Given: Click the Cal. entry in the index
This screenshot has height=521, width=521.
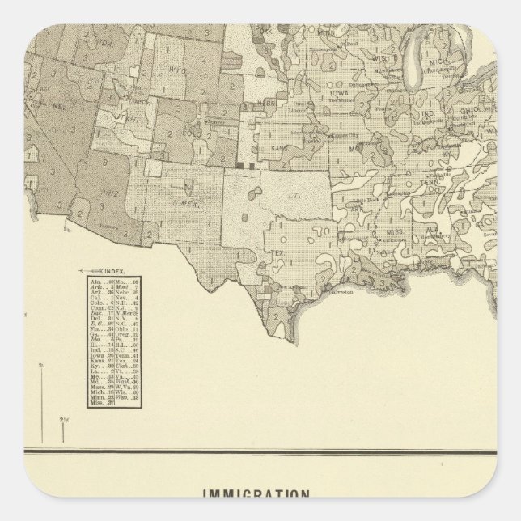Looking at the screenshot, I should click(95, 297).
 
